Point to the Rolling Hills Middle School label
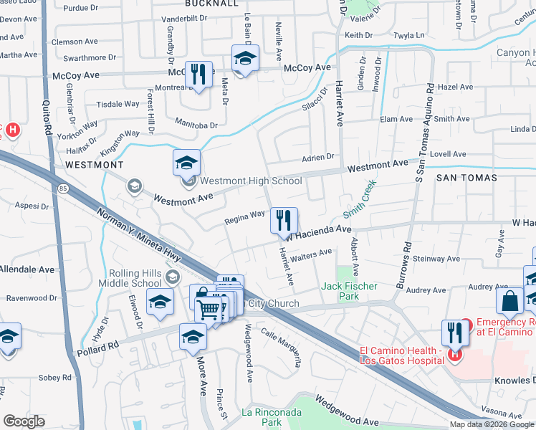coord(136,278)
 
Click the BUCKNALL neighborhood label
coord(211,4)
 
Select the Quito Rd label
coord(49,119)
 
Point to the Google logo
coord(25,421)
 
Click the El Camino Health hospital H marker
coord(454,353)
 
